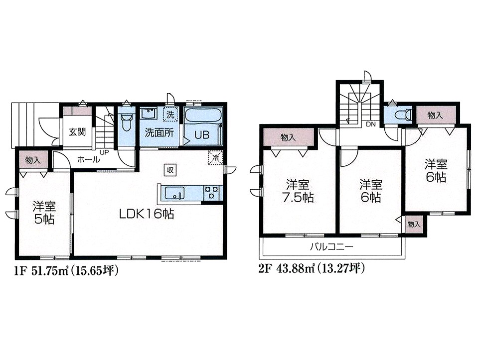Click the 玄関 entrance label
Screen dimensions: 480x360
coord(77,132)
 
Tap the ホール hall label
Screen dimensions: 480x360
coord(88,159)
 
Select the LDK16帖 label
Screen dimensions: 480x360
coord(147,214)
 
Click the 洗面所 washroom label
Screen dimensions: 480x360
coord(159,132)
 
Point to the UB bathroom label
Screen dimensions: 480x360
coord(202,135)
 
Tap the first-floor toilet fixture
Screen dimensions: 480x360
coord(126,121)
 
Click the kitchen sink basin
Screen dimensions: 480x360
coord(175,193)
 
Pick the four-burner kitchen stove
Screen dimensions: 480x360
coord(211,193)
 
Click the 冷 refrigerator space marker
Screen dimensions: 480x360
coord(216,158)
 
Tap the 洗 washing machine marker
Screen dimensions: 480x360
coord(170,115)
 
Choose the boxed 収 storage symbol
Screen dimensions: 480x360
coord(170,170)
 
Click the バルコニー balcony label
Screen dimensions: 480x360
coord(331,246)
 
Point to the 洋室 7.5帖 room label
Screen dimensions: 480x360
coord(298,192)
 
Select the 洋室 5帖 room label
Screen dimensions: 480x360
coord(44,213)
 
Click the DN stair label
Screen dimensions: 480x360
coord(371,124)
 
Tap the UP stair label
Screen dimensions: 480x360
coord(104,152)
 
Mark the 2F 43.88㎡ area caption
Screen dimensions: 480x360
coord(312,269)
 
